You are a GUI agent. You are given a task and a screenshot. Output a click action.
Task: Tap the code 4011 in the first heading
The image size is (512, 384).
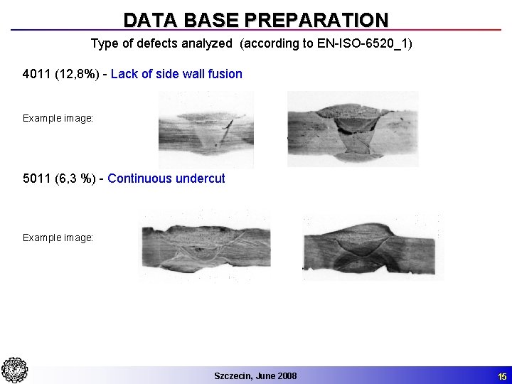[x=36, y=74]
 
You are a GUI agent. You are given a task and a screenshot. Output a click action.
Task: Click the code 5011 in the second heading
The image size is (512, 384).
[x=36, y=178]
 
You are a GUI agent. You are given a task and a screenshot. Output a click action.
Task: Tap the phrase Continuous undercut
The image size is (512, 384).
[x=166, y=178]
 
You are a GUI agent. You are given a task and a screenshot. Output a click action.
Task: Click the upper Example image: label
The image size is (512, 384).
[x=58, y=118]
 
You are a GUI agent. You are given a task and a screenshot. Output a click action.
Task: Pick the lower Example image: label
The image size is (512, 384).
[x=58, y=238]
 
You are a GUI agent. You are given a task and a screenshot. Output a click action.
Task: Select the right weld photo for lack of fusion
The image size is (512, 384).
[x=352, y=129]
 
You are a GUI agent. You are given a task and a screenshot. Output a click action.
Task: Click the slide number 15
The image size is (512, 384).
[x=502, y=375]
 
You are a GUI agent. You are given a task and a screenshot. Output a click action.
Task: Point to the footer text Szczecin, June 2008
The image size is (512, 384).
[x=255, y=375]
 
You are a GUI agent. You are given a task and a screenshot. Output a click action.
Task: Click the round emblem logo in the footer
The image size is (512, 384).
[x=14, y=370]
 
